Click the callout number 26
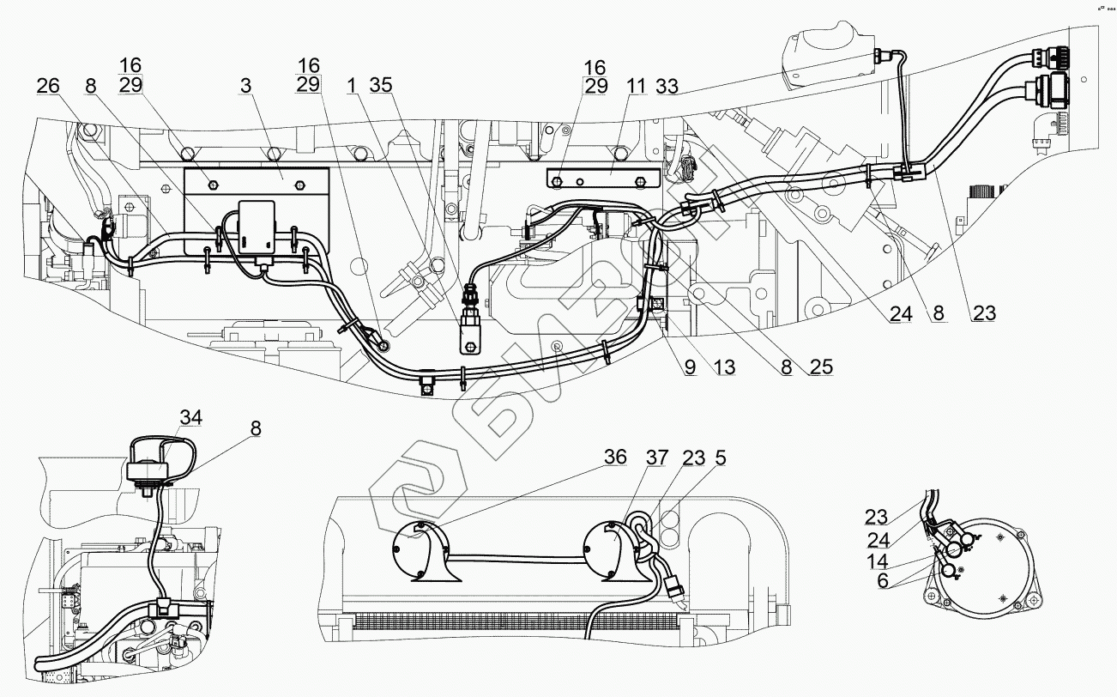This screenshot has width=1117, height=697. click(49, 86)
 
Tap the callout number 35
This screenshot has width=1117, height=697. click(381, 86)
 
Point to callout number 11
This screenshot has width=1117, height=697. click(635, 86)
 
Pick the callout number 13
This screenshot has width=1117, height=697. click(725, 367)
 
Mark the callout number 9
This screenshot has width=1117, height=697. click(690, 367)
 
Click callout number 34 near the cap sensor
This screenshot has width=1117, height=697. click(191, 418)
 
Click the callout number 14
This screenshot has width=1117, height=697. click(876, 563)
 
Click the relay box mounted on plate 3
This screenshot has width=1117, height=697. click(257, 227)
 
